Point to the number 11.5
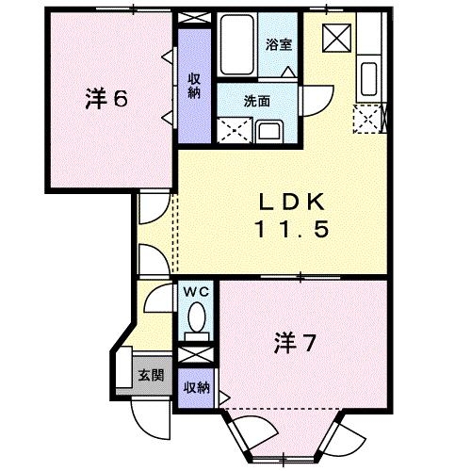[x=290, y=229]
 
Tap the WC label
[x=197, y=292]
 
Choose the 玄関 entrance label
[x=152, y=375]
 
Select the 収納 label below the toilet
[x=197, y=388]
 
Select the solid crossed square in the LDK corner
[x=334, y=37]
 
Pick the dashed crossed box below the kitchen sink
[x=366, y=118]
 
